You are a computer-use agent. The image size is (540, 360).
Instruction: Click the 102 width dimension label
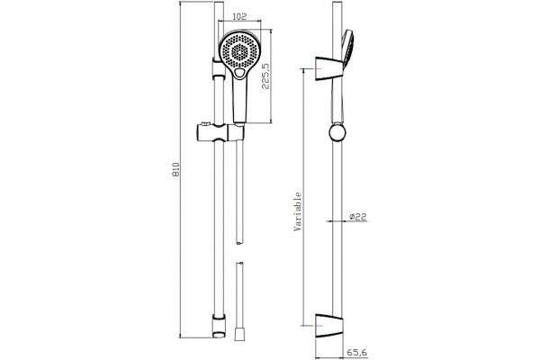pyautogui.click(x=239, y=16)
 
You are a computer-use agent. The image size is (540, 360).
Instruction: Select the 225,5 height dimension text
pyautogui.click(x=265, y=76)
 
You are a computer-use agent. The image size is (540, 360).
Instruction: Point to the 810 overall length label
pyautogui.click(x=176, y=169)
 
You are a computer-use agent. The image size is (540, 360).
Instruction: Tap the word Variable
pyautogui.click(x=297, y=211)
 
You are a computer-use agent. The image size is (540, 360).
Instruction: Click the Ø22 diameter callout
pyautogui.click(x=358, y=217)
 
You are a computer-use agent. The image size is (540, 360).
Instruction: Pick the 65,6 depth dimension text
pyautogui.click(x=356, y=353)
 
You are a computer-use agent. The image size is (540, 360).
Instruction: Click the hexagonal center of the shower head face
pyautogui.click(x=239, y=52)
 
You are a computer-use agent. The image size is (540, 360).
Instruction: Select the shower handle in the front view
pyautogui.click(x=240, y=99)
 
